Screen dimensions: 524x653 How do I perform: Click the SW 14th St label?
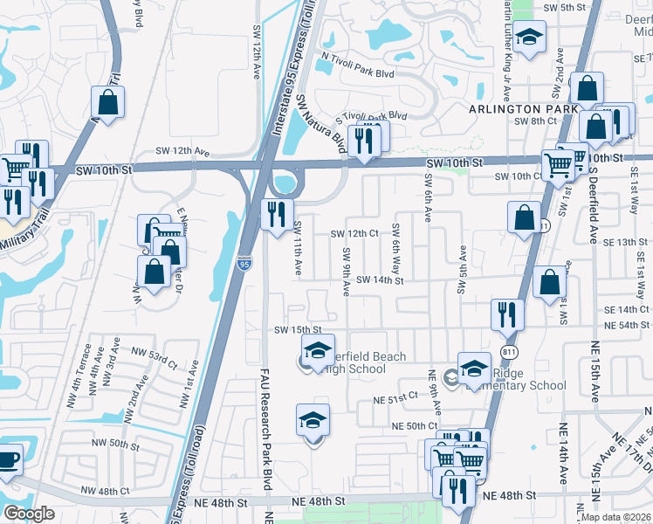(x=380, y=281)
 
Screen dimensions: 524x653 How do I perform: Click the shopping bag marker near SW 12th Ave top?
(x=108, y=102)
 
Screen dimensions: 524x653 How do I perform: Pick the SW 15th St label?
(x=299, y=329)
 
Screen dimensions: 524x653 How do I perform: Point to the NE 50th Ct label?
(x=415, y=425)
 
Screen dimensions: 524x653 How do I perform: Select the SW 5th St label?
(x=562, y=7)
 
